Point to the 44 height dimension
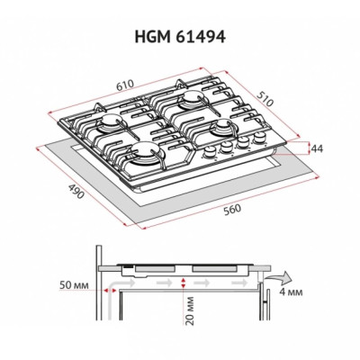316,147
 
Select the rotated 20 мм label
184,314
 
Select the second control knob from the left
228,145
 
